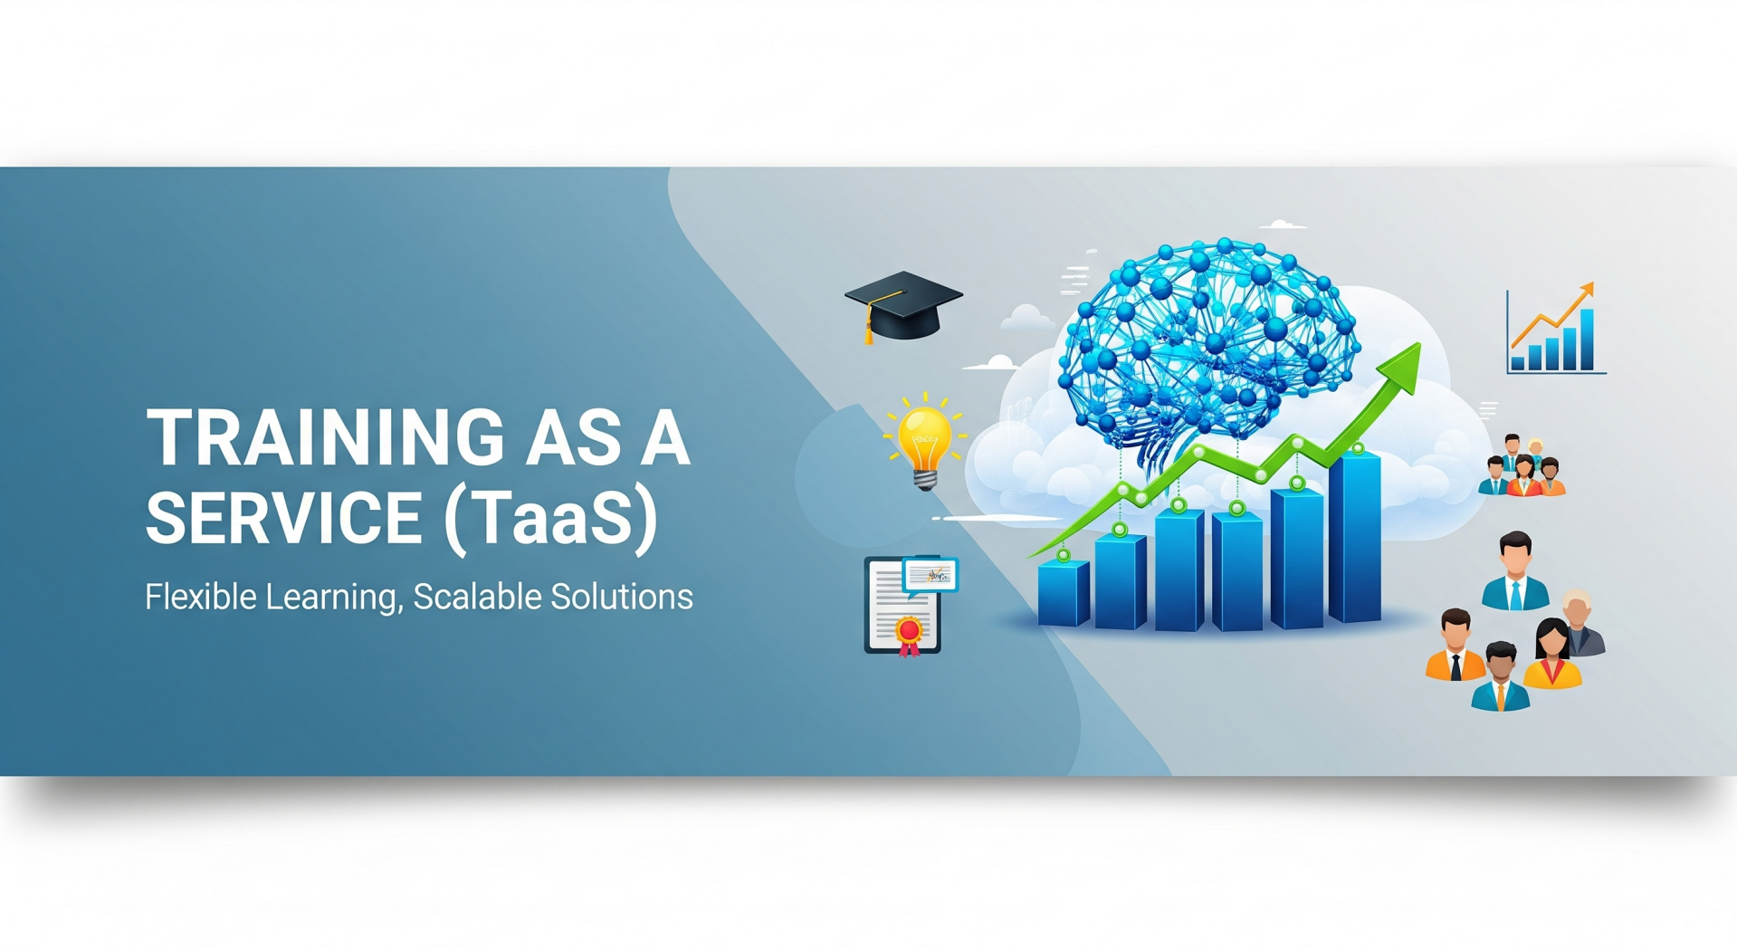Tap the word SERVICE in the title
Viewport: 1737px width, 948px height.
285,517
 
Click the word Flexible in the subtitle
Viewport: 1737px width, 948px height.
200,597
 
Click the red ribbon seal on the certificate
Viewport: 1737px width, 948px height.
910,634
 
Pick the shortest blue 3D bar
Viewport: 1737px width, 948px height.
1064,593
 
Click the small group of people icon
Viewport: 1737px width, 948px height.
1522,465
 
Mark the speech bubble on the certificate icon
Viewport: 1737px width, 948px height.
931,576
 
